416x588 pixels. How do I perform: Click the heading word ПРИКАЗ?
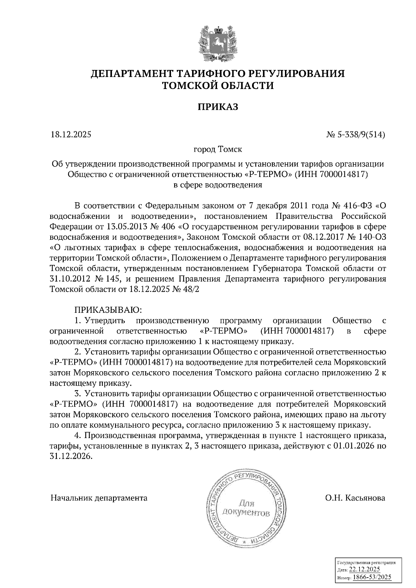(x=218, y=107)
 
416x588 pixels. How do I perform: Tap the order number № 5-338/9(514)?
(x=356, y=135)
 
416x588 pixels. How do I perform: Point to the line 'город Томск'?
(x=218, y=150)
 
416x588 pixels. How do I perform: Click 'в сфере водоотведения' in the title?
(x=218, y=185)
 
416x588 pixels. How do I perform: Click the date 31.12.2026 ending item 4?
(x=71, y=456)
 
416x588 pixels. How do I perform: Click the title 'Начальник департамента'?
(x=99, y=498)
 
